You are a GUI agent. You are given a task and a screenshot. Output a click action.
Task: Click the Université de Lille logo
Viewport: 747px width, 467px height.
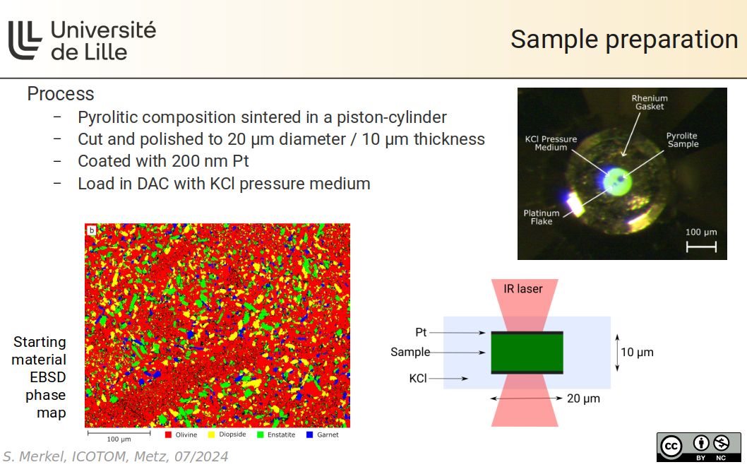(x=81, y=40)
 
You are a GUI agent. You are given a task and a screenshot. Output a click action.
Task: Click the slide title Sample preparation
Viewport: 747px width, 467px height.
(x=623, y=39)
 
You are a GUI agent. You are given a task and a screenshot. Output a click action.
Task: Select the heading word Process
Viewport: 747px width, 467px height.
(x=61, y=93)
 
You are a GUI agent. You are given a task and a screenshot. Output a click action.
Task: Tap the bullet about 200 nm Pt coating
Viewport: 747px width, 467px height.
(x=163, y=161)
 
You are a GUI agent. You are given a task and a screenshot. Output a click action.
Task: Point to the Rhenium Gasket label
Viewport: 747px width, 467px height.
(x=649, y=102)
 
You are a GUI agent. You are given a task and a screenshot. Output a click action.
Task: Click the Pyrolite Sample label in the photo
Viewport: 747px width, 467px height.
(x=682, y=139)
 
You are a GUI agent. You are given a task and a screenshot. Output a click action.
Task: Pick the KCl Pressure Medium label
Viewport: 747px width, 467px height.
(x=551, y=143)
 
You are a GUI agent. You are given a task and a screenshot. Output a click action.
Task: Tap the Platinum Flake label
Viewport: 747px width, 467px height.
(x=542, y=217)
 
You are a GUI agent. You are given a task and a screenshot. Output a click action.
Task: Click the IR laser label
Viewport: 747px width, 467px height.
(x=523, y=288)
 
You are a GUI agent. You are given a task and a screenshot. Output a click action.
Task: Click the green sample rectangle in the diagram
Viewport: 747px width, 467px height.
(x=527, y=352)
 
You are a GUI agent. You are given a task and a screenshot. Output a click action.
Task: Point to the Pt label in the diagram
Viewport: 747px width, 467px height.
(x=422, y=331)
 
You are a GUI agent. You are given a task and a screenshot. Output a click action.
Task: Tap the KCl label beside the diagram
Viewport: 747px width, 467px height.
(x=417, y=379)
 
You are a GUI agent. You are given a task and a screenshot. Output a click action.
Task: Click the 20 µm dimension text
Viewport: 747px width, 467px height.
(x=583, y=398)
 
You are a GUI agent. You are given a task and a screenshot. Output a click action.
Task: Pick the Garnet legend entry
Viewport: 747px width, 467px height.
(x=323, y=435)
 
